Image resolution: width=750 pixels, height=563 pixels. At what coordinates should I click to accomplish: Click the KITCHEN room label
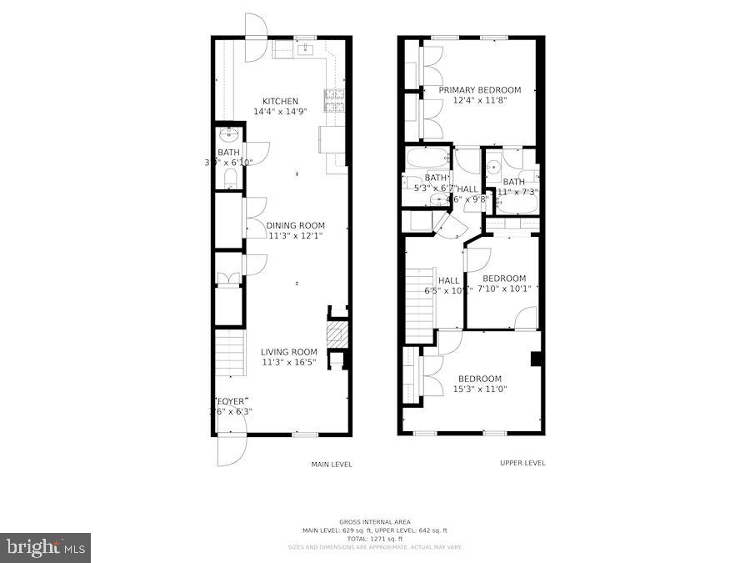280,102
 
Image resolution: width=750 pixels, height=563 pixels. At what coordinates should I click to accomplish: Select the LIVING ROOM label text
288,352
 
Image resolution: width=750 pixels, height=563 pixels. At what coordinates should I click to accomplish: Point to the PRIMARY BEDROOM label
479,90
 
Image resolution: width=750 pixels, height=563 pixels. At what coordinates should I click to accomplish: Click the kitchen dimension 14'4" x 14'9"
280,112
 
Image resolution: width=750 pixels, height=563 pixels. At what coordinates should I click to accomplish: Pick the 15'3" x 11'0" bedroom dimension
479,389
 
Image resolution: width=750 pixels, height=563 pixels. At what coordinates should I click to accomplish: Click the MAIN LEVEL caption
332,465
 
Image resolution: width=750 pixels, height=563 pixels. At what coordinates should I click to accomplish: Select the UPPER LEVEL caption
522,464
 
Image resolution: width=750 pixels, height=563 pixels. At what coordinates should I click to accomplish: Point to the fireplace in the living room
335,337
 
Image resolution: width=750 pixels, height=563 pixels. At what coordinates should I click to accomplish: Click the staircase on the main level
230,352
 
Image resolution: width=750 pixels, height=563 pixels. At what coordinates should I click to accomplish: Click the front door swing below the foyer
231,449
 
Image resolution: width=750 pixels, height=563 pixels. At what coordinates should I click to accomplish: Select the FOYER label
232,401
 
